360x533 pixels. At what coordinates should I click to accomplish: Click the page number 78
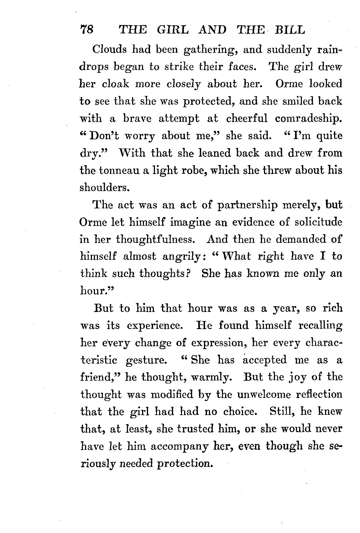coord(87,30)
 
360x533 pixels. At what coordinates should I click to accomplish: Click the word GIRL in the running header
coord(173,30)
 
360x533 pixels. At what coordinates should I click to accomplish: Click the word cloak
coord(115,84)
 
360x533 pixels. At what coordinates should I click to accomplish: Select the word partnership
coord(247,206)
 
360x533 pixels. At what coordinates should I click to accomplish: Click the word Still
coord(280,412)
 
